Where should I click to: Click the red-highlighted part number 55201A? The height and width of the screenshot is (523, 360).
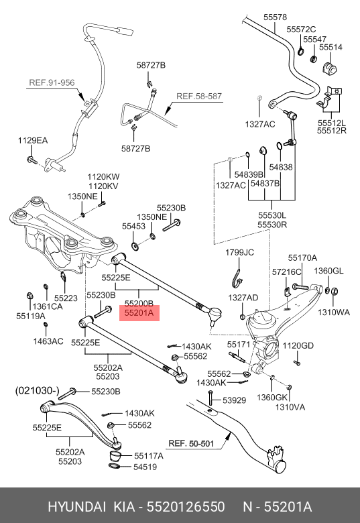click(x=139, y=313)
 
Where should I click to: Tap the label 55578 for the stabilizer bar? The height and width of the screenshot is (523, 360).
click(x=275, y=17)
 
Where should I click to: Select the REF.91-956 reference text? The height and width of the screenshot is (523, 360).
click(x=52, y=82)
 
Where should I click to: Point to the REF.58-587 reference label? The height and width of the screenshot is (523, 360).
click(x=199, y=97)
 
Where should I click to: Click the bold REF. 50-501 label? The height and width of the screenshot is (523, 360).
click(x=191, y=444)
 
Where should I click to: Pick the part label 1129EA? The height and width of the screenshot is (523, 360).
click(x=33, y=140)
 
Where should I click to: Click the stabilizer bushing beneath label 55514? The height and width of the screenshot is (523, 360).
click(x=329, y=68)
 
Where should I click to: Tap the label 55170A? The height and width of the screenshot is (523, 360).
click(x=302, y=258)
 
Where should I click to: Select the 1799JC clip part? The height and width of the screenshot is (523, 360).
click(x=237, y=278)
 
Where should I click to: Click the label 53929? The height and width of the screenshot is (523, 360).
click(x=235, y=400)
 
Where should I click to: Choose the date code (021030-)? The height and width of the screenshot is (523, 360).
click(x=38, y=391)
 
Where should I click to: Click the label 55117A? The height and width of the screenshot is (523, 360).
click(x=149, y=456)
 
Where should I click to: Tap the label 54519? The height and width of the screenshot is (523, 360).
click(x=145, y=467)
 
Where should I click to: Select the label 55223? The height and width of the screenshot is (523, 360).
click(x=66, y=298)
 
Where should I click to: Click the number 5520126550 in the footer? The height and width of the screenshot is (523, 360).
click(x=186, y=507)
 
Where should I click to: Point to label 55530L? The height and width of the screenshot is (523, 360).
click(x=272, y=215)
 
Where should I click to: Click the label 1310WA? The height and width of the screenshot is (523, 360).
click(x=334, y=312)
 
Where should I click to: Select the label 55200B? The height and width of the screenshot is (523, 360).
click(x=139, y=304)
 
